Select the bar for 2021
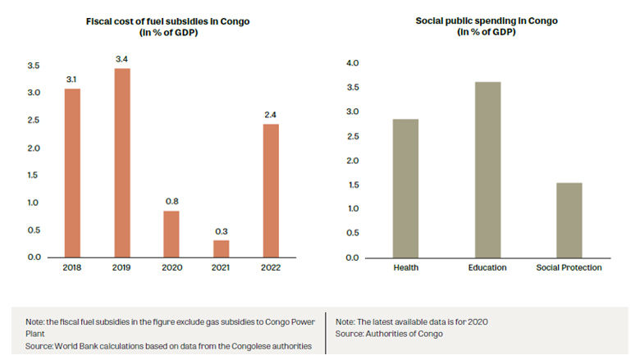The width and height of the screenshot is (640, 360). [222, 248]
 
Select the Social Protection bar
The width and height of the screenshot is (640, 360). [569, 220]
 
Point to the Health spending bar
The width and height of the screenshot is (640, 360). [405, 188]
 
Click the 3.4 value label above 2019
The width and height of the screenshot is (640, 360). [122, 59]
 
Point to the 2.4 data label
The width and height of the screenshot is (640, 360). [271, 115]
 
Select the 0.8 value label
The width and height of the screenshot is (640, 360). [171, 202]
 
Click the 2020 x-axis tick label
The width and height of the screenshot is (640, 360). [171, 268]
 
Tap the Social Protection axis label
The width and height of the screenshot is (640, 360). [569, 268]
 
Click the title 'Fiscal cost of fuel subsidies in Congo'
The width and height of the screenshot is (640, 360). [168, 21]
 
